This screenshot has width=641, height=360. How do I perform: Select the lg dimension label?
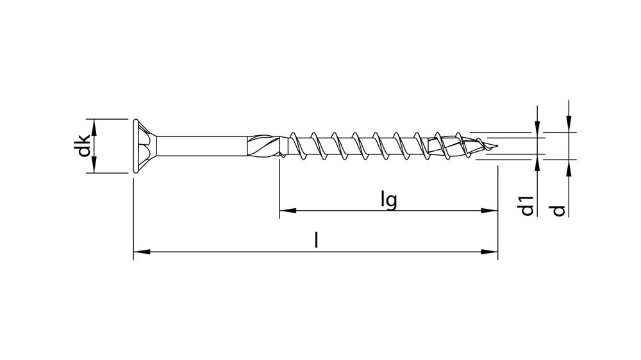(x=388, y=200)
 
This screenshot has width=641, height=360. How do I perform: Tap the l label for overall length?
(x=315, y=240)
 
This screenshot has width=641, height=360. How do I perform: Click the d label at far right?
(x=560, y=209)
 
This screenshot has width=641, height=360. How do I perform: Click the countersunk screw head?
(x=142, y=146)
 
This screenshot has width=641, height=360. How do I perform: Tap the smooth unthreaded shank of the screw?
(x=202, y=146)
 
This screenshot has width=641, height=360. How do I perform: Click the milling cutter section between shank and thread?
(x=264, y=146)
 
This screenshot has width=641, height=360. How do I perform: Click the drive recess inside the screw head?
(x=149, y=146)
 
